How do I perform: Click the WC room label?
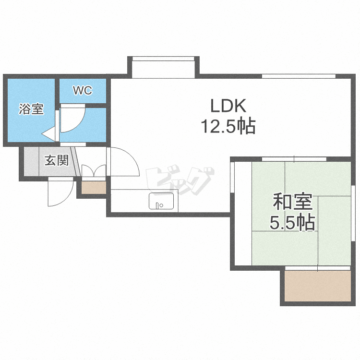pyautogui.click(x=83, y=90)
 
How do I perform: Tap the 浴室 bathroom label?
pyautogui.click(x=31, y=109)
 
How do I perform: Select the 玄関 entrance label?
pyautogui.click(x=57, y=160)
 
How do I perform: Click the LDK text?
pyautogui.click(x=228, y=106)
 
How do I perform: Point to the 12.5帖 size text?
pyautogui.click(x=228, y=126)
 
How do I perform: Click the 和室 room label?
pyautogui.click(x=292, y=202)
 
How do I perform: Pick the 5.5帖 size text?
pyautogui.click(x=292, y=223)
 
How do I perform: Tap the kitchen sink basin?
pyautogui.click(x=161, y=201)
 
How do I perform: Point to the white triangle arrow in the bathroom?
pyautogui.click(x=48, y=133)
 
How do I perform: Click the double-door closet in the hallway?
pyautogui.click(x=94, y=170)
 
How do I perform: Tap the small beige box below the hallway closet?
pyautogui.click(x=94, y=187)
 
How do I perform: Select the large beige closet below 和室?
pyautogui.click(x=318, y=286)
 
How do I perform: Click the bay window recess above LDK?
pyautogui.click(x=163, y=67)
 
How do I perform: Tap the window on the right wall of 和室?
pyautogui.click(x=353, y=213)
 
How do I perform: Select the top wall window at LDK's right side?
pyautogui.click(x=299, y=76)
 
